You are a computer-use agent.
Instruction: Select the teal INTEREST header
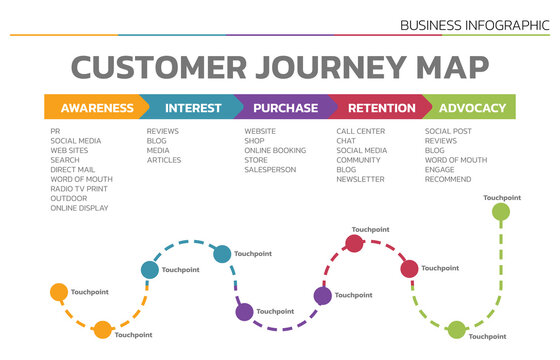[193, 108]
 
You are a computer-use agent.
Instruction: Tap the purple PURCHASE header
[285, 108]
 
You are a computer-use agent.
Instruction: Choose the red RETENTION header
[380, 108]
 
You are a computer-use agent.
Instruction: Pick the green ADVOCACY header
[472, 108]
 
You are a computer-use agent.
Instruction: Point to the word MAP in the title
[445, 67]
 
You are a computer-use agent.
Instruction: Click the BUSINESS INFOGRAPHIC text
[474, 24]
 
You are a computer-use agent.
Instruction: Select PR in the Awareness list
[55, 131]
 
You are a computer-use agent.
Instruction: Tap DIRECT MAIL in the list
[71, 169]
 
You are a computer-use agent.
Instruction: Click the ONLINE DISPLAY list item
[79, 208]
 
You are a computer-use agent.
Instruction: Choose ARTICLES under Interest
[164, 160]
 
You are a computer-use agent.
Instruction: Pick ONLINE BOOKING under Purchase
[275, 150]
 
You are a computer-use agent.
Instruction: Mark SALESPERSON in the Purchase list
[270, 169]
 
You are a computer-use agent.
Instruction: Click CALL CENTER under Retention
[361, 131]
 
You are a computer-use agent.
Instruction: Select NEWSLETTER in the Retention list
[360, 179]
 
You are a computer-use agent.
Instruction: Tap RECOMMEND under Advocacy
[448, 179]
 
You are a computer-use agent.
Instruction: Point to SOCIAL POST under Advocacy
[449, 131]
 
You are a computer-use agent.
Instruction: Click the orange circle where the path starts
[59, 293]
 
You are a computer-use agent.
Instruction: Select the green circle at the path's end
[502, 213]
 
